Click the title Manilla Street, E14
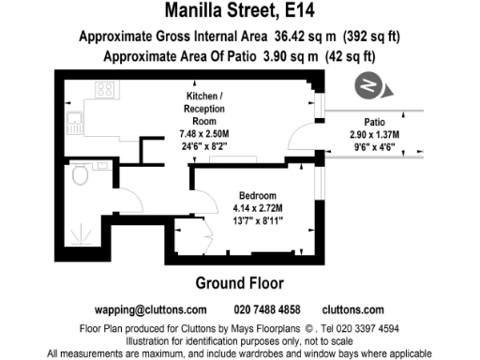[x=239, y=12]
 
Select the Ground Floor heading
[x=239, y=283]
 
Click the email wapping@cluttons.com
[x=151, y=309]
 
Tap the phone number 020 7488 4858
[x=266, y=309]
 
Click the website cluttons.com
[x=352, y=309]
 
